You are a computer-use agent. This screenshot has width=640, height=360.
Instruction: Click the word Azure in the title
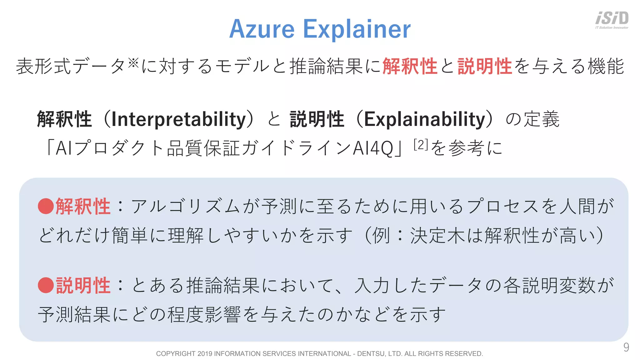tap(262, 29)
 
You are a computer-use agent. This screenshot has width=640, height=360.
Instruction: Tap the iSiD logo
tap(612, 20)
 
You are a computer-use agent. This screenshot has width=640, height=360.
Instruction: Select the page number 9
tap(626, 347)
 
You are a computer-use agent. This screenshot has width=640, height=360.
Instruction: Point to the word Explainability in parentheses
tap(425, 120)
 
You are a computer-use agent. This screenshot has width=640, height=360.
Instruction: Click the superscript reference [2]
tap(421, 145)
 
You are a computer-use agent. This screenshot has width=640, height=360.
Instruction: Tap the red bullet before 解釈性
tap(46, 206)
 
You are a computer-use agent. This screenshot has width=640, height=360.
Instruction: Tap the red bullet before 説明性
tap(46, 285)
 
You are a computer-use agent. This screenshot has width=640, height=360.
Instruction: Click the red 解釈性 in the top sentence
tap(410, 66)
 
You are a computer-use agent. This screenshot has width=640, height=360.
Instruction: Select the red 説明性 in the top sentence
tap(485, 66)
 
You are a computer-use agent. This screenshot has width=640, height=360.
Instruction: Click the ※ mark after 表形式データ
tap(133, 63)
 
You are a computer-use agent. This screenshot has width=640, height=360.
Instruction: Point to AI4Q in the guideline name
tap(373, 148)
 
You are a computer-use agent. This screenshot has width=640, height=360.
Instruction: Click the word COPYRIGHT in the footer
tap(176, 354)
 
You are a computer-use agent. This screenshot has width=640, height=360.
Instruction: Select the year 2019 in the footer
tap(205, 354)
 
